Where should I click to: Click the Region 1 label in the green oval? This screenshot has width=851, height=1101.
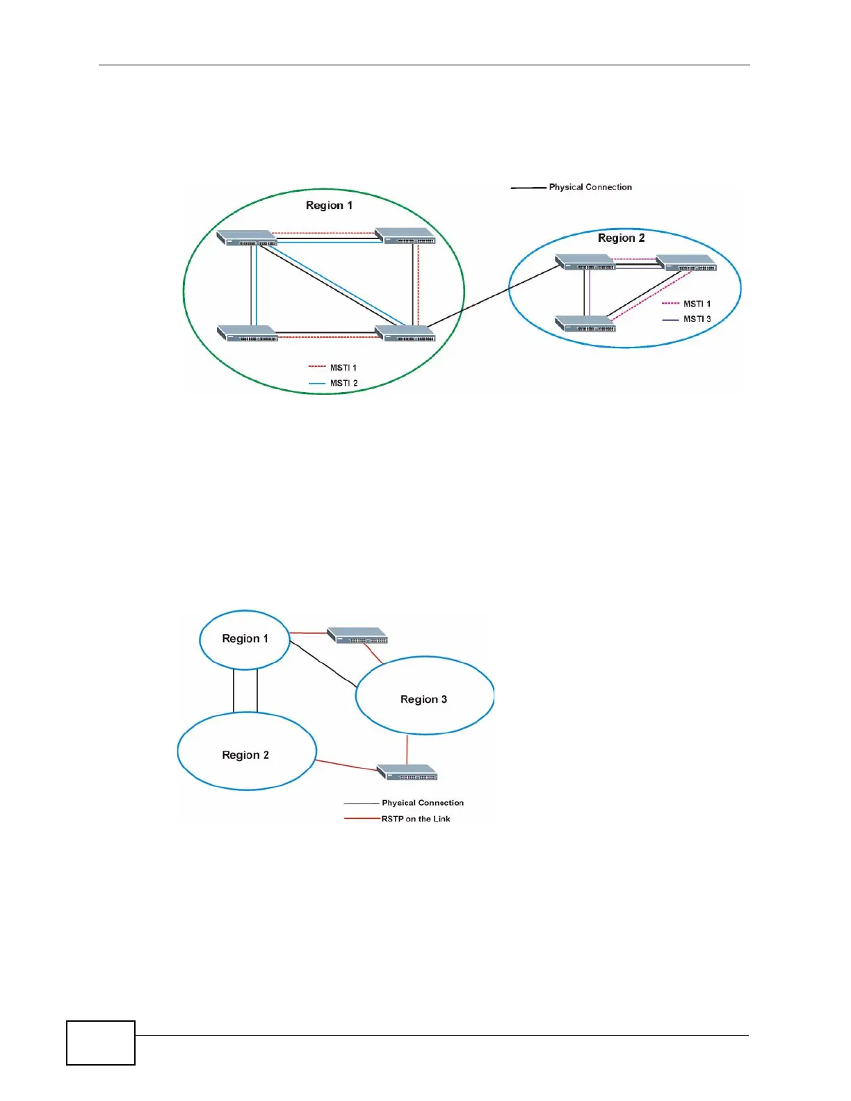click(329, 206)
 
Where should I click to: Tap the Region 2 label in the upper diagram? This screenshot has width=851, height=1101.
click(621, 238)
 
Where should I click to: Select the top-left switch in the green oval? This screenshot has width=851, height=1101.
click(246, 238)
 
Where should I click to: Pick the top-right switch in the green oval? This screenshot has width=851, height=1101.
click(405, 236)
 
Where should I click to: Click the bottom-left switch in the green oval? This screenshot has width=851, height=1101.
click(248, 334)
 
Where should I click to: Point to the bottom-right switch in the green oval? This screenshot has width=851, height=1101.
click(405, 334)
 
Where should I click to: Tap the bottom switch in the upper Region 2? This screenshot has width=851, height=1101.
click(585, 324)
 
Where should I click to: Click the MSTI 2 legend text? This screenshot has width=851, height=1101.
click(343, 384)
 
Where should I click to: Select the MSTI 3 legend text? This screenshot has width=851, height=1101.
click(697, 319)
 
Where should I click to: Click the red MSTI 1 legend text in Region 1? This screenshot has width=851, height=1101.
click(343, 368)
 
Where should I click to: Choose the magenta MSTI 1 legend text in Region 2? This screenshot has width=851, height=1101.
click(697, 304)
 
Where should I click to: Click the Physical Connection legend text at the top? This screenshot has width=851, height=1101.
click(590, 187)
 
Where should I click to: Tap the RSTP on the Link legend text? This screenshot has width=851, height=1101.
click(416, 819)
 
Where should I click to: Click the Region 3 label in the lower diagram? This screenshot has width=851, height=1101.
click(423, 699)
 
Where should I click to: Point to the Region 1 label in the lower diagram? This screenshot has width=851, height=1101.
click(245, 639)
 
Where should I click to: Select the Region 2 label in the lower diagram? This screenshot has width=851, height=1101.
click(245, 755)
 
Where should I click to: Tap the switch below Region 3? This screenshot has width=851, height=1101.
click(407, 773)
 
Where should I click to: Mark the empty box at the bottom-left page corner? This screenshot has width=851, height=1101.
click(101, 1043)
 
